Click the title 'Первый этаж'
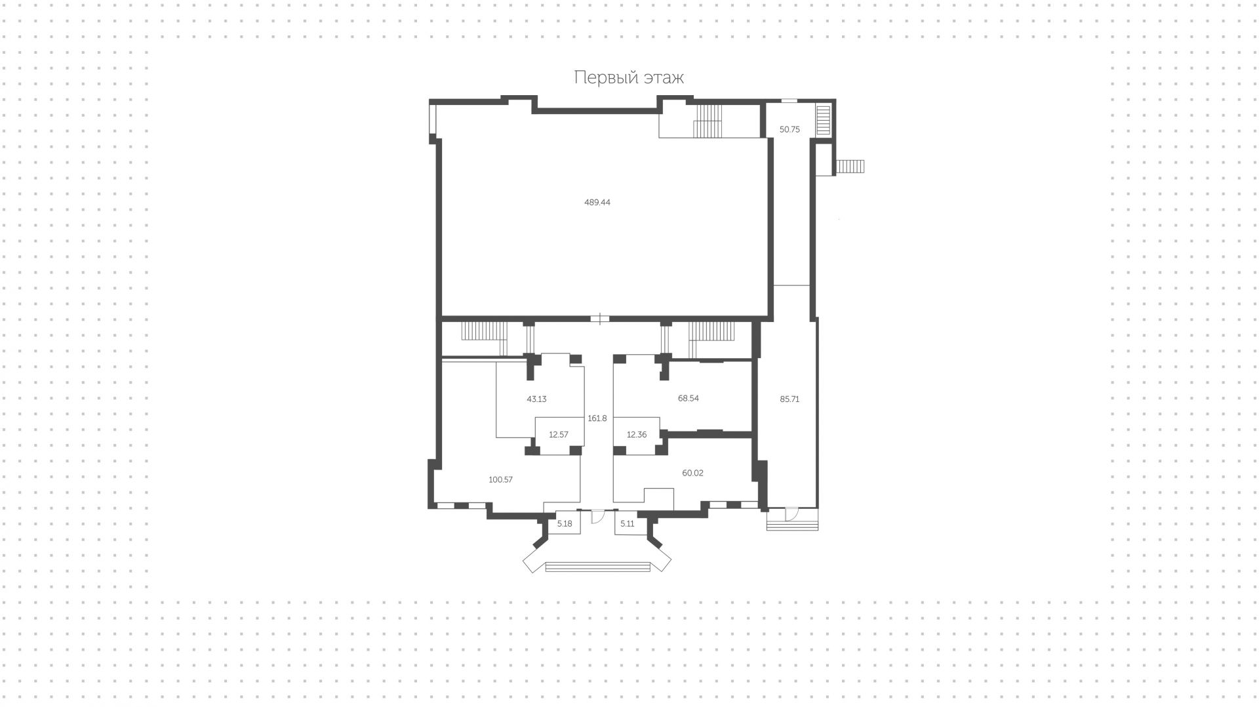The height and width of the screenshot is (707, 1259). pos(629,77)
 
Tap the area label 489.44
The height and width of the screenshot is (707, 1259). pos(597,203)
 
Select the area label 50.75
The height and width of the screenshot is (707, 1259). pos(789,130)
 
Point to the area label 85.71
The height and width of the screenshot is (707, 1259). pos(789,399)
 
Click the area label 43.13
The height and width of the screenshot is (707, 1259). pos(536,399)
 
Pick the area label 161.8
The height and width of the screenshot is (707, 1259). pos(597,418)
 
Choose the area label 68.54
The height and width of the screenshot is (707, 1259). pos(689,398)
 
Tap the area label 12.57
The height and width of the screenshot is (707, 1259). pos(559,434)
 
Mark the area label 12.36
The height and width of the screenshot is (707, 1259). pos(637,434)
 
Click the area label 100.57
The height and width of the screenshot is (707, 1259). pos(501,479)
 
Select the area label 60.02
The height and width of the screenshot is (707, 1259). pos(692,473)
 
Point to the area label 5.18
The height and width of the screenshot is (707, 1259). pos(565,523)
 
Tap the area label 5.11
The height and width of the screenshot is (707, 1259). pos(628,523)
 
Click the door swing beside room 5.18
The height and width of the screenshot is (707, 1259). pos(597,517)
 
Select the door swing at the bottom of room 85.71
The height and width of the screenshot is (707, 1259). pos(791,514)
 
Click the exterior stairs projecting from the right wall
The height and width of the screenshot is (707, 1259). pos(851,167)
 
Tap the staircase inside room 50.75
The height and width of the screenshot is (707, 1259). pos(823,120)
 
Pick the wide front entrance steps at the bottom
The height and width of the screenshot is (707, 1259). pos(597,567)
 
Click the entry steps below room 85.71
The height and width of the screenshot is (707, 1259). pos(792,525)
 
